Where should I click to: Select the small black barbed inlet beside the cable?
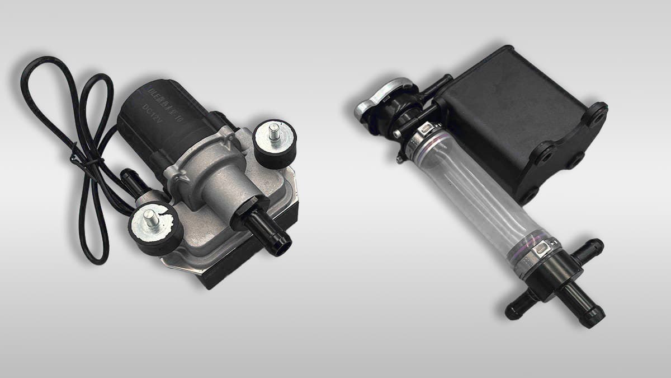tap(132, 181)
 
